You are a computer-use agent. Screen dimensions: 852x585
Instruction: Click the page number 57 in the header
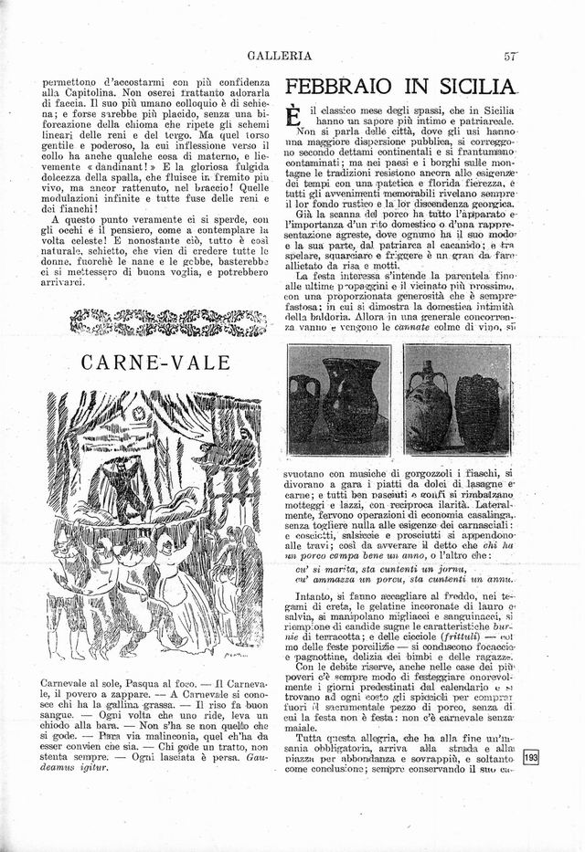[511, 56]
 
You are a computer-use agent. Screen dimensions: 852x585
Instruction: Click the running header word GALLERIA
[280, 56]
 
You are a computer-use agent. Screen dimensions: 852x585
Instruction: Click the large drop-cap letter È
[294, 116]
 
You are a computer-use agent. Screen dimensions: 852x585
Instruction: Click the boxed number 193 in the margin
[532, 756]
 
